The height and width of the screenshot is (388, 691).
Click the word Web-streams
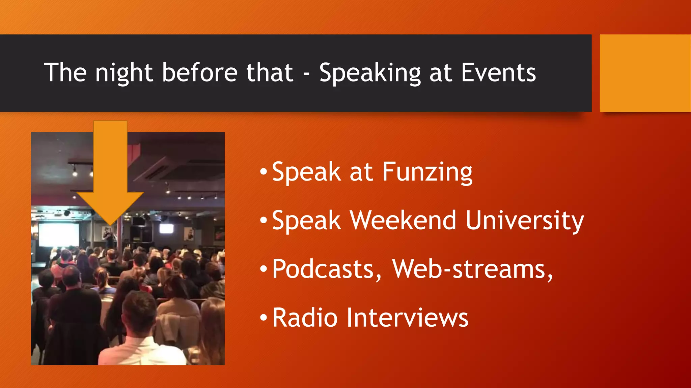[472, 269]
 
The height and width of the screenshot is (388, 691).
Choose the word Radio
[305, 318]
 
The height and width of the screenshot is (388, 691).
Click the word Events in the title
[498, 73]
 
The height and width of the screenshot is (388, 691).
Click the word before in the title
[200, 73]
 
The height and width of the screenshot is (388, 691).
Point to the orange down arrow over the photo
[110, 168]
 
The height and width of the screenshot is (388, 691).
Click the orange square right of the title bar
[645, 73]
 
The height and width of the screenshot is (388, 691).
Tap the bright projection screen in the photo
[59, 234]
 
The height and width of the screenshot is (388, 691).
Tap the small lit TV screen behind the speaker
[166, 229]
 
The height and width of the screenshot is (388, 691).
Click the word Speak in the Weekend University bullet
[306, 221]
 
